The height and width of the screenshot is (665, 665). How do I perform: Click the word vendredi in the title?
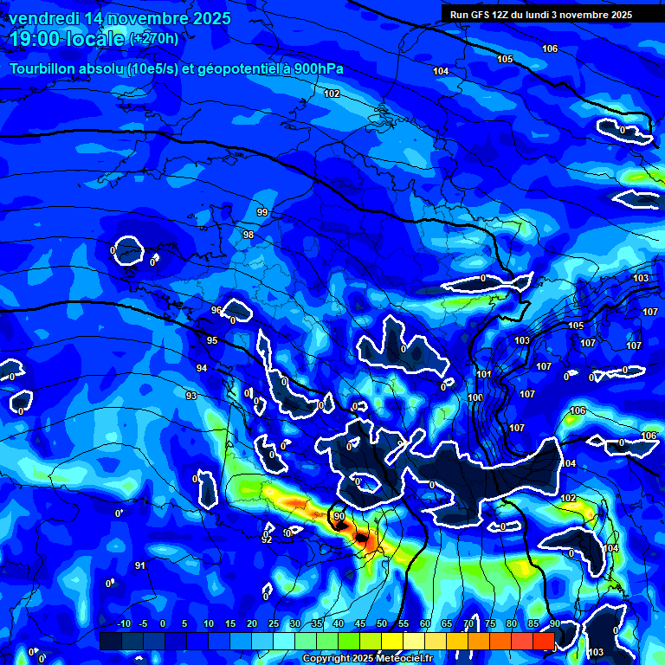(x=44, y=18)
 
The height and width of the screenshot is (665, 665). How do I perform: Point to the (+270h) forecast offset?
(x=154, y=38)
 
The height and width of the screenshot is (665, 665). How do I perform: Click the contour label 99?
(x=262, y=212)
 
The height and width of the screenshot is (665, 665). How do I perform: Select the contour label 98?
(x=249, y=236)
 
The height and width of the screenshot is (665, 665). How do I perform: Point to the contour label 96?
(x=216, y=310)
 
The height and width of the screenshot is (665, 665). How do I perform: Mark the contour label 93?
(x=191, y=396)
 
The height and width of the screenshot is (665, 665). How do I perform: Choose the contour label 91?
(x=140, y=565)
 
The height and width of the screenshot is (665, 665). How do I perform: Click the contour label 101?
(x=484, y=375)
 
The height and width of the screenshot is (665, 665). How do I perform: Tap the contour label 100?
(x=475, y=397)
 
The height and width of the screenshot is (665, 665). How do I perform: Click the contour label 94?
(x=202, y=369)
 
